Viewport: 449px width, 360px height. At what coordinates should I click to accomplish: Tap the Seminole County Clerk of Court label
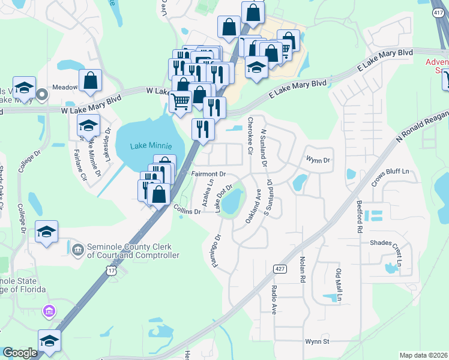coord(133,251)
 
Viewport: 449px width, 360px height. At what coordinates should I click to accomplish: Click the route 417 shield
coord(438,11)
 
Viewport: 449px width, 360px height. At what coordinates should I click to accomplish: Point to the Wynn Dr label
coord(318,160)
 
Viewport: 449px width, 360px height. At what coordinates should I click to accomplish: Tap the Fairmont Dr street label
coord(208,174)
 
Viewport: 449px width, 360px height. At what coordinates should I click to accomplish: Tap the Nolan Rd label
coord(303,269)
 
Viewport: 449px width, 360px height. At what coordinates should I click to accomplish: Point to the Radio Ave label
coord(274,299)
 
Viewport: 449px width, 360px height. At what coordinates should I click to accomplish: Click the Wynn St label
coord(318,341)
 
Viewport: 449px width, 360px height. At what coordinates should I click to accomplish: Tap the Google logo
coord(20,353)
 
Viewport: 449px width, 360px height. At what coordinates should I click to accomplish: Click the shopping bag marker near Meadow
coord(90,81)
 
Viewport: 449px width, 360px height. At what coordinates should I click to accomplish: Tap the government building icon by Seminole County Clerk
coord(77,249)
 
